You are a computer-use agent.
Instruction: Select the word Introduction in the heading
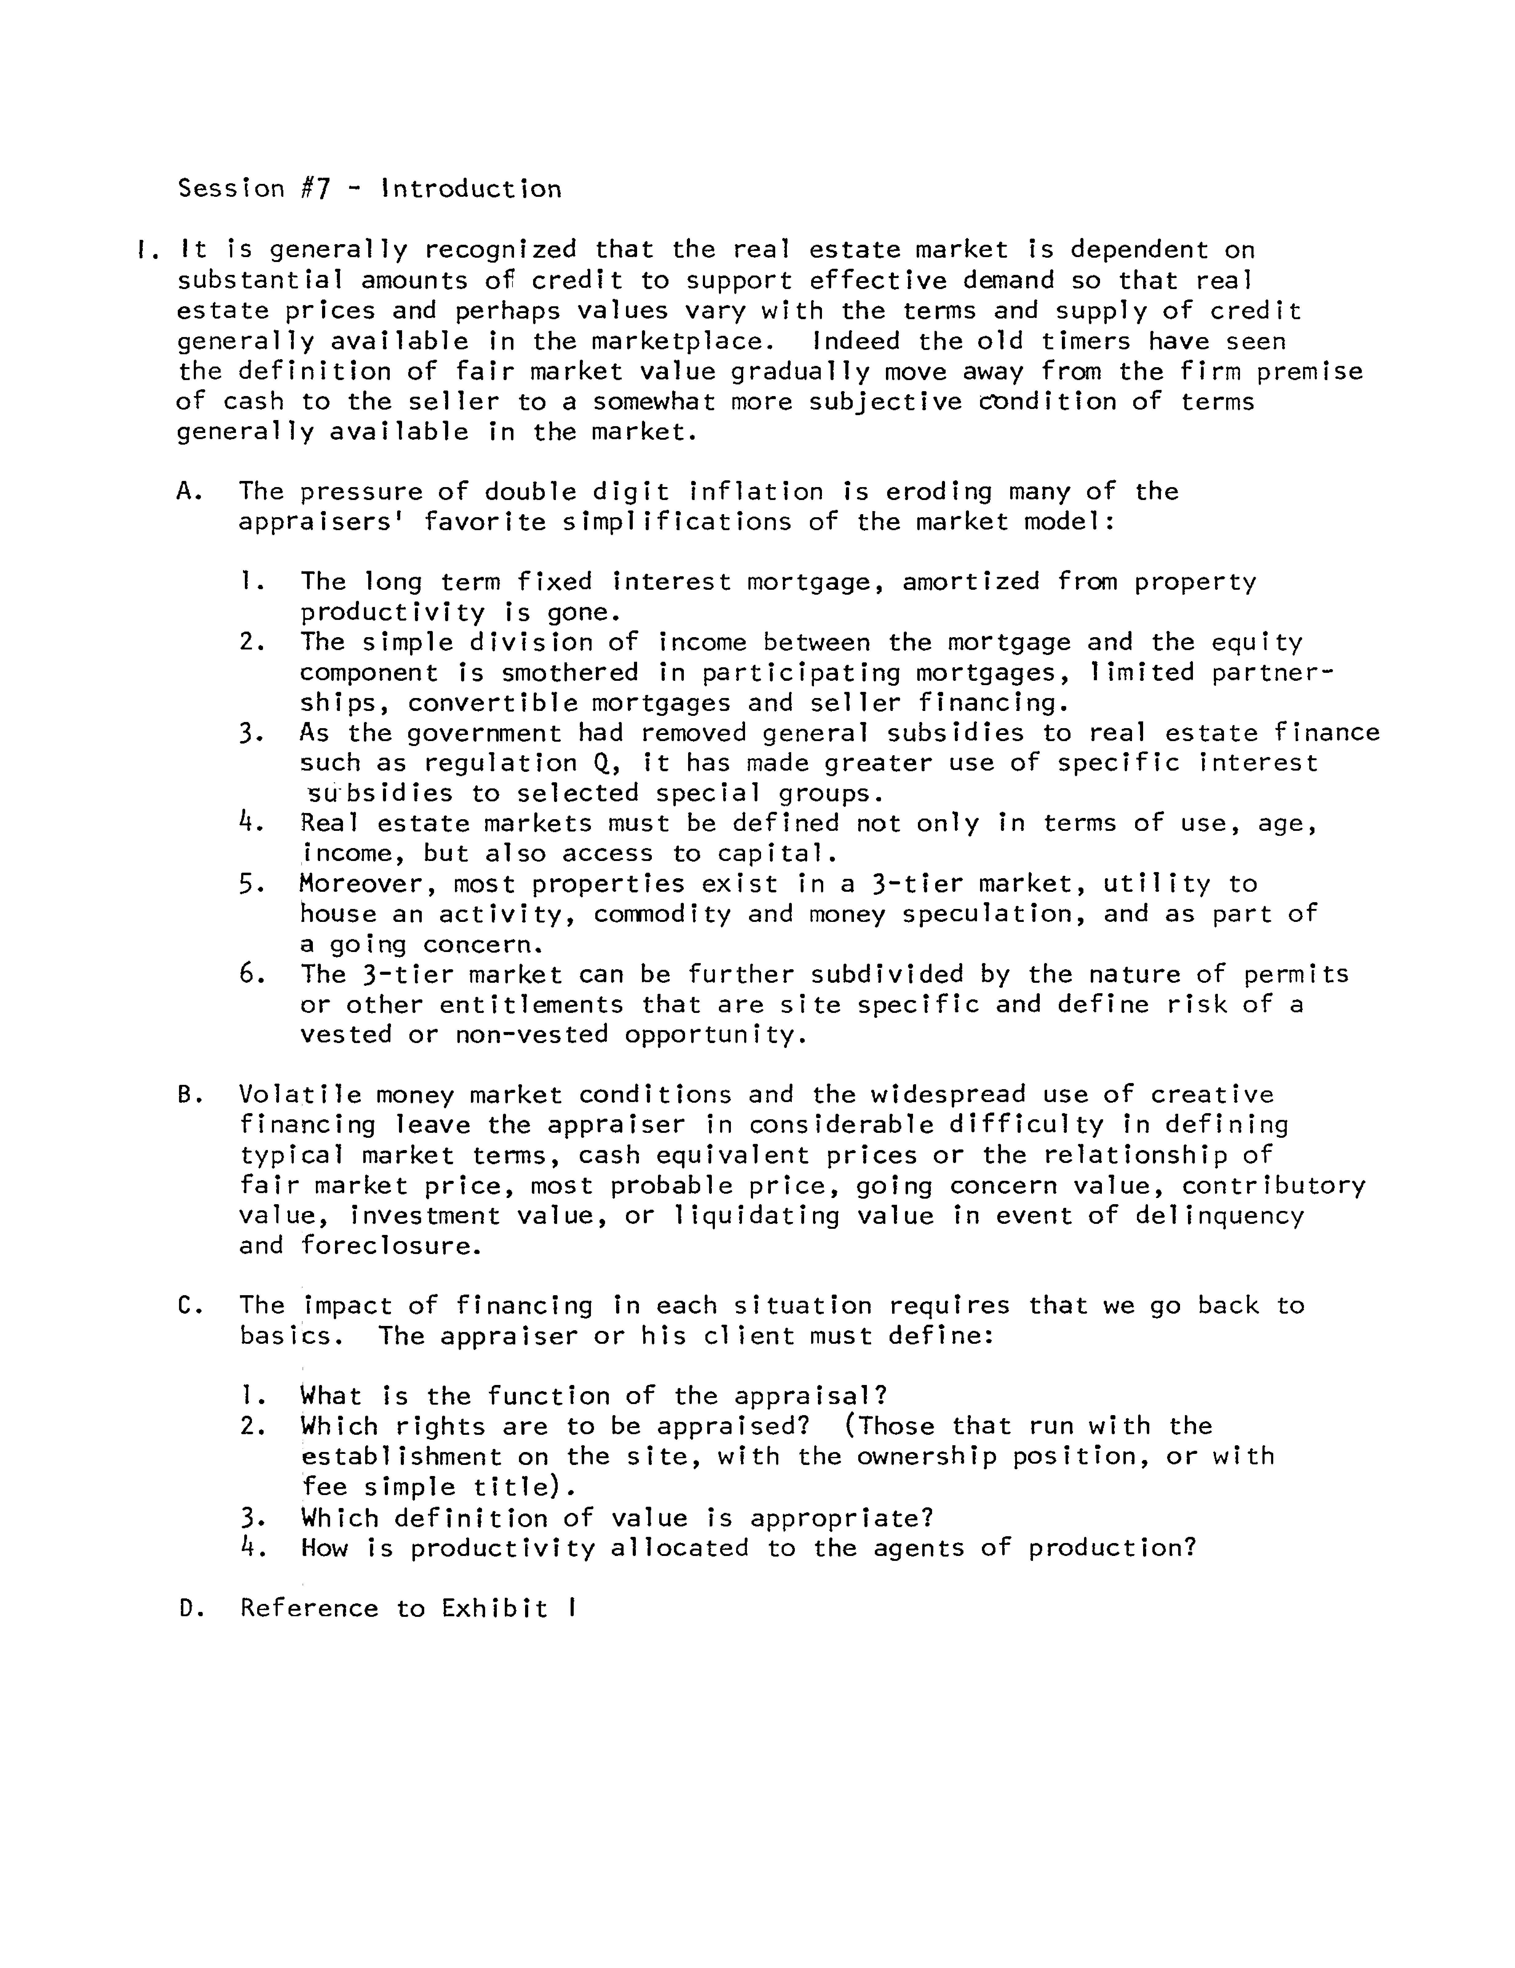tap(471, 189)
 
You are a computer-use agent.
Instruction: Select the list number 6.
tap(251, 975)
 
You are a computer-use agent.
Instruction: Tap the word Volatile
tap(300, 1096)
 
